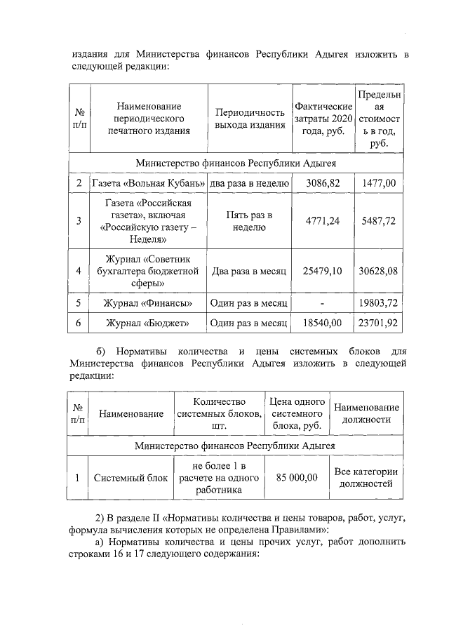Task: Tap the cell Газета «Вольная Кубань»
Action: tap(149, 184)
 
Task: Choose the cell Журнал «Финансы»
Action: tap(149, 303)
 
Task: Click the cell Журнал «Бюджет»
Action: tap(149, 323)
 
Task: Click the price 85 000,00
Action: tap(297, 478)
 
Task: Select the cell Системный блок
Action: tap(131, 478)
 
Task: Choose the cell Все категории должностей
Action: tap(366, 478)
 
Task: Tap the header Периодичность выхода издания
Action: tap(250, 118)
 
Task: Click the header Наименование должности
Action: tap(366, 413)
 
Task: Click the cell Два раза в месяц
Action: tap(250, 271)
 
